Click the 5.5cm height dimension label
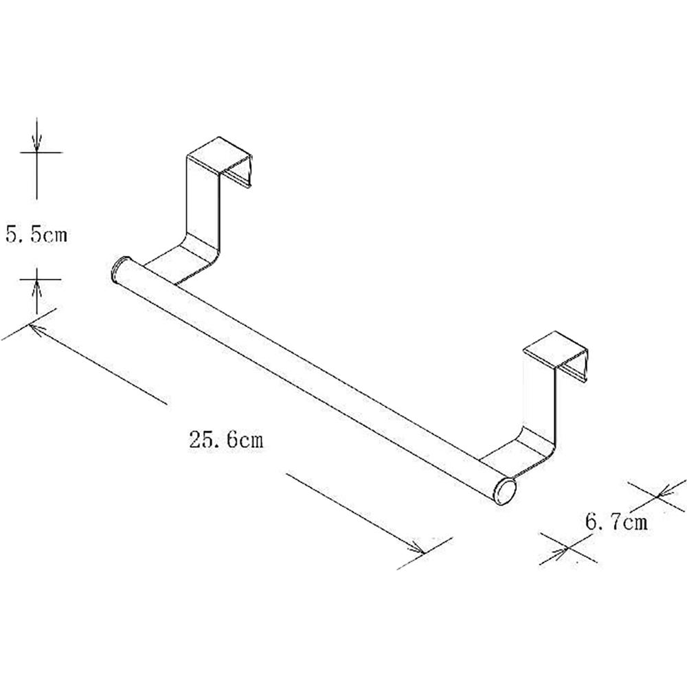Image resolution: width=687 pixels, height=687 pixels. (x=37, y=234)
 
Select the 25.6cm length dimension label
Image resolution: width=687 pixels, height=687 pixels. (x=227, y=439)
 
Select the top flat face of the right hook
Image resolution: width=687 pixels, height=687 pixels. (x=556, y=349)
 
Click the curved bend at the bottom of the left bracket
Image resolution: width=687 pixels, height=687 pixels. (x=199, y=256)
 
